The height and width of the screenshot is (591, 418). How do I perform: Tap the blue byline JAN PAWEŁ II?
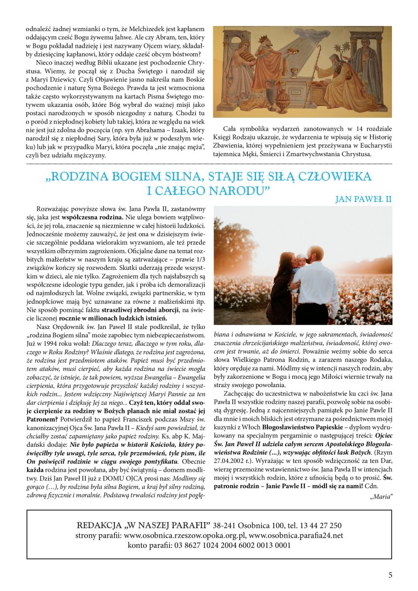(363, 199)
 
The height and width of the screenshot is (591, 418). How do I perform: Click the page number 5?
(390, 575)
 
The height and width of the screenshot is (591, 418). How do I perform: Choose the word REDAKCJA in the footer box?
(100, 525)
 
